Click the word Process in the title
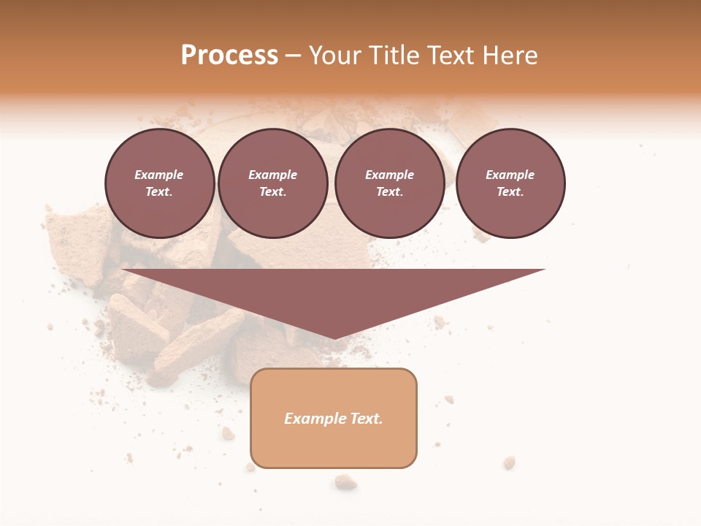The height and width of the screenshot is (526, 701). coord(229,56)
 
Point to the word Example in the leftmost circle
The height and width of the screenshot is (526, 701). coord(159,175)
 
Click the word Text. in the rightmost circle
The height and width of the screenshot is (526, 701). coord(510,191)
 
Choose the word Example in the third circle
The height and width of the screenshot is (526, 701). coord(389,175)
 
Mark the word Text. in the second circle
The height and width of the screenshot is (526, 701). coord(273,191)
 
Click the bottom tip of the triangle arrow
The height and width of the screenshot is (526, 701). coord(334,337)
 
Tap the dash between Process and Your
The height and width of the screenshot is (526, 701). coord(293,56)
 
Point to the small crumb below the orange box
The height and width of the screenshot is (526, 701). coord(345,481)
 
